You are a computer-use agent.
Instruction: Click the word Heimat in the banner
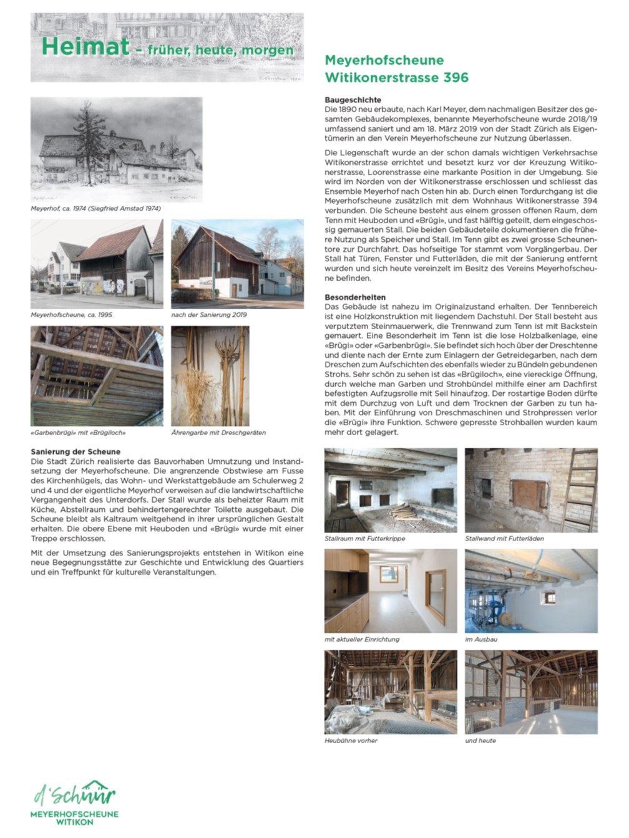pyautogui.click(x=85, y=47)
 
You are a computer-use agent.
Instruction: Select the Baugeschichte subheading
pyautogui.click(x=353, y=100)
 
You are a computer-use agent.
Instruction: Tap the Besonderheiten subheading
pyautogui.click(x=355, y=297)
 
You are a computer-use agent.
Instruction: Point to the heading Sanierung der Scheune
pyautogui.click(x=76, y=451)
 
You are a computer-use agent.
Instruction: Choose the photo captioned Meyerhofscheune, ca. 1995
pyautogui.click(x=97, y=264)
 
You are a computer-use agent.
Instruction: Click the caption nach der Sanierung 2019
pyautogui.click(x=209, y=315)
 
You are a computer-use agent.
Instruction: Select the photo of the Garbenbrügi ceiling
pyautogui.click(x=97, y=376)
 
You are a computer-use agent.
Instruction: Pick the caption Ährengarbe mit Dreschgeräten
pyautogui.click(x=218, y=432)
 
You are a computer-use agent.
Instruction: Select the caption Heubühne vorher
pyautogui.click(x=351, y=741)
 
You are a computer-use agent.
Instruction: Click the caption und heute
pyautogui.click(x=480, y=741)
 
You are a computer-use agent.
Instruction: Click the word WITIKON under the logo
pyautogui.click(x=75, y=822)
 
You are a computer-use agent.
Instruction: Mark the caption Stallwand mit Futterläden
pyautogui.click(x=504, y=538)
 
